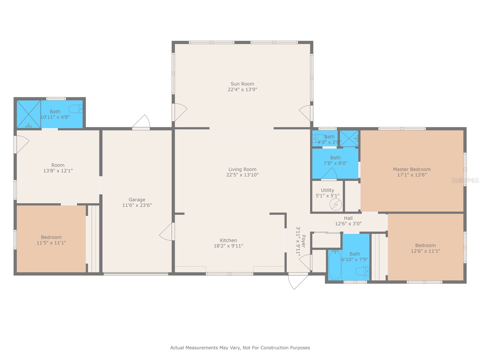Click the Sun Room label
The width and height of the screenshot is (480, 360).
(242, 84)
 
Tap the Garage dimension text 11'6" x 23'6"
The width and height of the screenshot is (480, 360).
(137, 205)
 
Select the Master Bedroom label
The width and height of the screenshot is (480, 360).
(412, 169)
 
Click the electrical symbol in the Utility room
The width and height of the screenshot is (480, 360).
(335, 205)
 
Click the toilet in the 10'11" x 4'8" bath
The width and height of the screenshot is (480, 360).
(76, 109)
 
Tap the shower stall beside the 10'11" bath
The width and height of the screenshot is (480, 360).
(28, 114)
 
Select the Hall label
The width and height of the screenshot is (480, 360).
(348, 218)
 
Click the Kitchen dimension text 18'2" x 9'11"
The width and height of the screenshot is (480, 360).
(228, 246)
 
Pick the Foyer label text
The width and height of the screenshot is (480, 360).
(303, 241)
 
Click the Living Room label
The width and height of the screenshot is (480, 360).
(242, 169)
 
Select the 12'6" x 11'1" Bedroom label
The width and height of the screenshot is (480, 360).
(425, 245)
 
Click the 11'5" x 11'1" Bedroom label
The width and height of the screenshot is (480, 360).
(51, 237)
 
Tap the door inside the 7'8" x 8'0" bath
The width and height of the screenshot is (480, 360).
(329, 174)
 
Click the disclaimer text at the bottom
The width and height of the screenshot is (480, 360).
(240, 348)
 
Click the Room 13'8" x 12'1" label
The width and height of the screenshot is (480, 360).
(58, 165)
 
